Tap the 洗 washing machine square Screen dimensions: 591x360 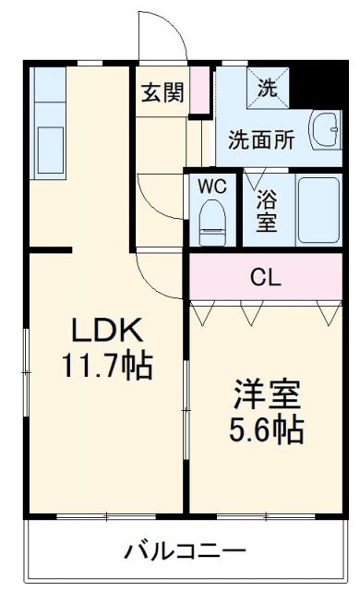[267, 89]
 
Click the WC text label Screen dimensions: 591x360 [213, 185]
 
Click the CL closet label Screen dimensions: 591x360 [266, 277]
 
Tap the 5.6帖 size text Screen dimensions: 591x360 [265, 430]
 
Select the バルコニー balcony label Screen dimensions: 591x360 [186, 551]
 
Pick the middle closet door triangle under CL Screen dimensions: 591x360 [248, 314]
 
